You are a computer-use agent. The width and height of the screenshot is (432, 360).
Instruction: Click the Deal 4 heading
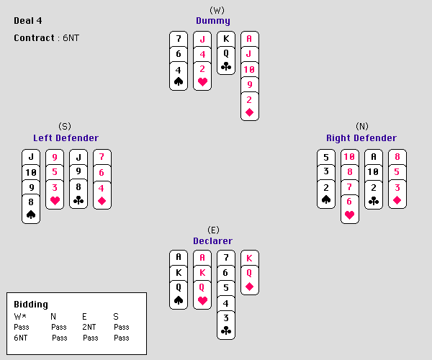(x=30, y=20)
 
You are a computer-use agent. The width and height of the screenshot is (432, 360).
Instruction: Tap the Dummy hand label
(x=213, y=21)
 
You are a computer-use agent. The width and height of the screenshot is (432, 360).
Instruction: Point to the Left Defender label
(x=66, y=138)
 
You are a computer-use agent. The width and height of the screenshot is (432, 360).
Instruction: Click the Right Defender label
(x=361, y=138)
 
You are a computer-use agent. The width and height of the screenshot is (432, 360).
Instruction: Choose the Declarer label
(x=212, y=241)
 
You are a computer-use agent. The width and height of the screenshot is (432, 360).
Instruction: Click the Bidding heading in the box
(x=31, y=305)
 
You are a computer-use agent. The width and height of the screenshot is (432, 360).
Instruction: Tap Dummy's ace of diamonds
(x=250, y=39)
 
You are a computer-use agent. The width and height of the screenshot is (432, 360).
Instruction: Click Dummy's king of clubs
(x=226, y=39)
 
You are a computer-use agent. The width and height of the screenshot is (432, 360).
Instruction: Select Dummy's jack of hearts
(x=202, y=39)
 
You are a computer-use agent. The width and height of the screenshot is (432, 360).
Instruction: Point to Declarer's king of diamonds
(x=250, y=258)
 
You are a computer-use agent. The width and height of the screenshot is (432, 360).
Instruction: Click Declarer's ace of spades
(x=179, y=258)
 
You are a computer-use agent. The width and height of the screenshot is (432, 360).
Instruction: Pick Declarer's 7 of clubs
(x=226, y=258)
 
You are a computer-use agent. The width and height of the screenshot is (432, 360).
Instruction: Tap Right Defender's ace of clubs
(x=373, y=158)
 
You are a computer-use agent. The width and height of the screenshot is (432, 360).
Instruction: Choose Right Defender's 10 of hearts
(x=349, y=158)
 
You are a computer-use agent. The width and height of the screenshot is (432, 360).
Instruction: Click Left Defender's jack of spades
(x=31, y=158)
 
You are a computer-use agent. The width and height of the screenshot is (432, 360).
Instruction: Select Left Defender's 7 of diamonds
(x=102, y=158)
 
